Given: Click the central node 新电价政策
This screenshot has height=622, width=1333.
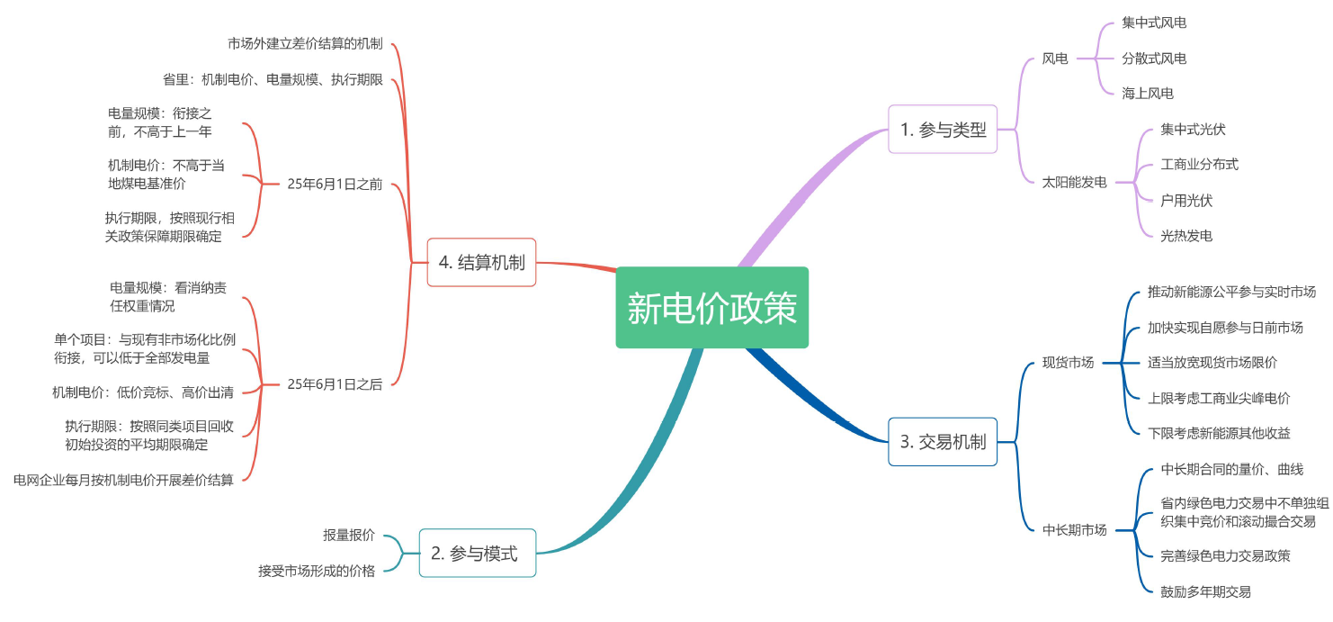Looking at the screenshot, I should click(711, 308).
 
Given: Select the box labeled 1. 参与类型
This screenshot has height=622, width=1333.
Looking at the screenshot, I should click(943, 130).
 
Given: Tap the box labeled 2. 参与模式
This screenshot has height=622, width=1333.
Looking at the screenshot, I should click(477, 553).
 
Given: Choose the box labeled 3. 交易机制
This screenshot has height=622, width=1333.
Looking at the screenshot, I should click(943, 442).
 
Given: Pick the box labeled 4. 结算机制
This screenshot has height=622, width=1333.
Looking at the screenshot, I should click(481, 262).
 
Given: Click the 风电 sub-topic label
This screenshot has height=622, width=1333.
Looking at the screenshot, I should click(1055, 59).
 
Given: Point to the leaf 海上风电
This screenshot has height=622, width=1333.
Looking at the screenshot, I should click(1147, 93).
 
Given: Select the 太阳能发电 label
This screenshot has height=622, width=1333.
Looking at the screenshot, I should click(1074, 182).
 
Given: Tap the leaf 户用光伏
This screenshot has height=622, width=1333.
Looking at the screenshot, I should click(1185, 200).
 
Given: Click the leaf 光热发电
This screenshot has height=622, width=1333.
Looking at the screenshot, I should click(1185, 236).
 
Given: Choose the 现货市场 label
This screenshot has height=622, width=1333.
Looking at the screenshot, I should click(1068, 363).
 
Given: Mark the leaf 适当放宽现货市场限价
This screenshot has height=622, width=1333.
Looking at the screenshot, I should click(1212, 363).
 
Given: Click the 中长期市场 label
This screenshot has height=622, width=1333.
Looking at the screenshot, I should click(1074, 530).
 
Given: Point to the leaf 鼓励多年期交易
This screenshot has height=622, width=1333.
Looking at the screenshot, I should click(1205, 591).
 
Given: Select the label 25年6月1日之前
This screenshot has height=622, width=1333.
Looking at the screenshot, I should click(335, 185).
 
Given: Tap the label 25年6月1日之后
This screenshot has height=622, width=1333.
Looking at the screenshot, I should click(335, 384).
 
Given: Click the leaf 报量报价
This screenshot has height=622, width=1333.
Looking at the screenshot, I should click(349, 535).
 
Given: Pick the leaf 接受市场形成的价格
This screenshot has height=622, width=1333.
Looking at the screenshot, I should click(317, 571).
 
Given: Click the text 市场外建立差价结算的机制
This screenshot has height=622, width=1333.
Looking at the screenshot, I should click(305, 43).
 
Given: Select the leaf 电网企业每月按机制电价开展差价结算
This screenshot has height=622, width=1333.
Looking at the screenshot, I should click(123, 480).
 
